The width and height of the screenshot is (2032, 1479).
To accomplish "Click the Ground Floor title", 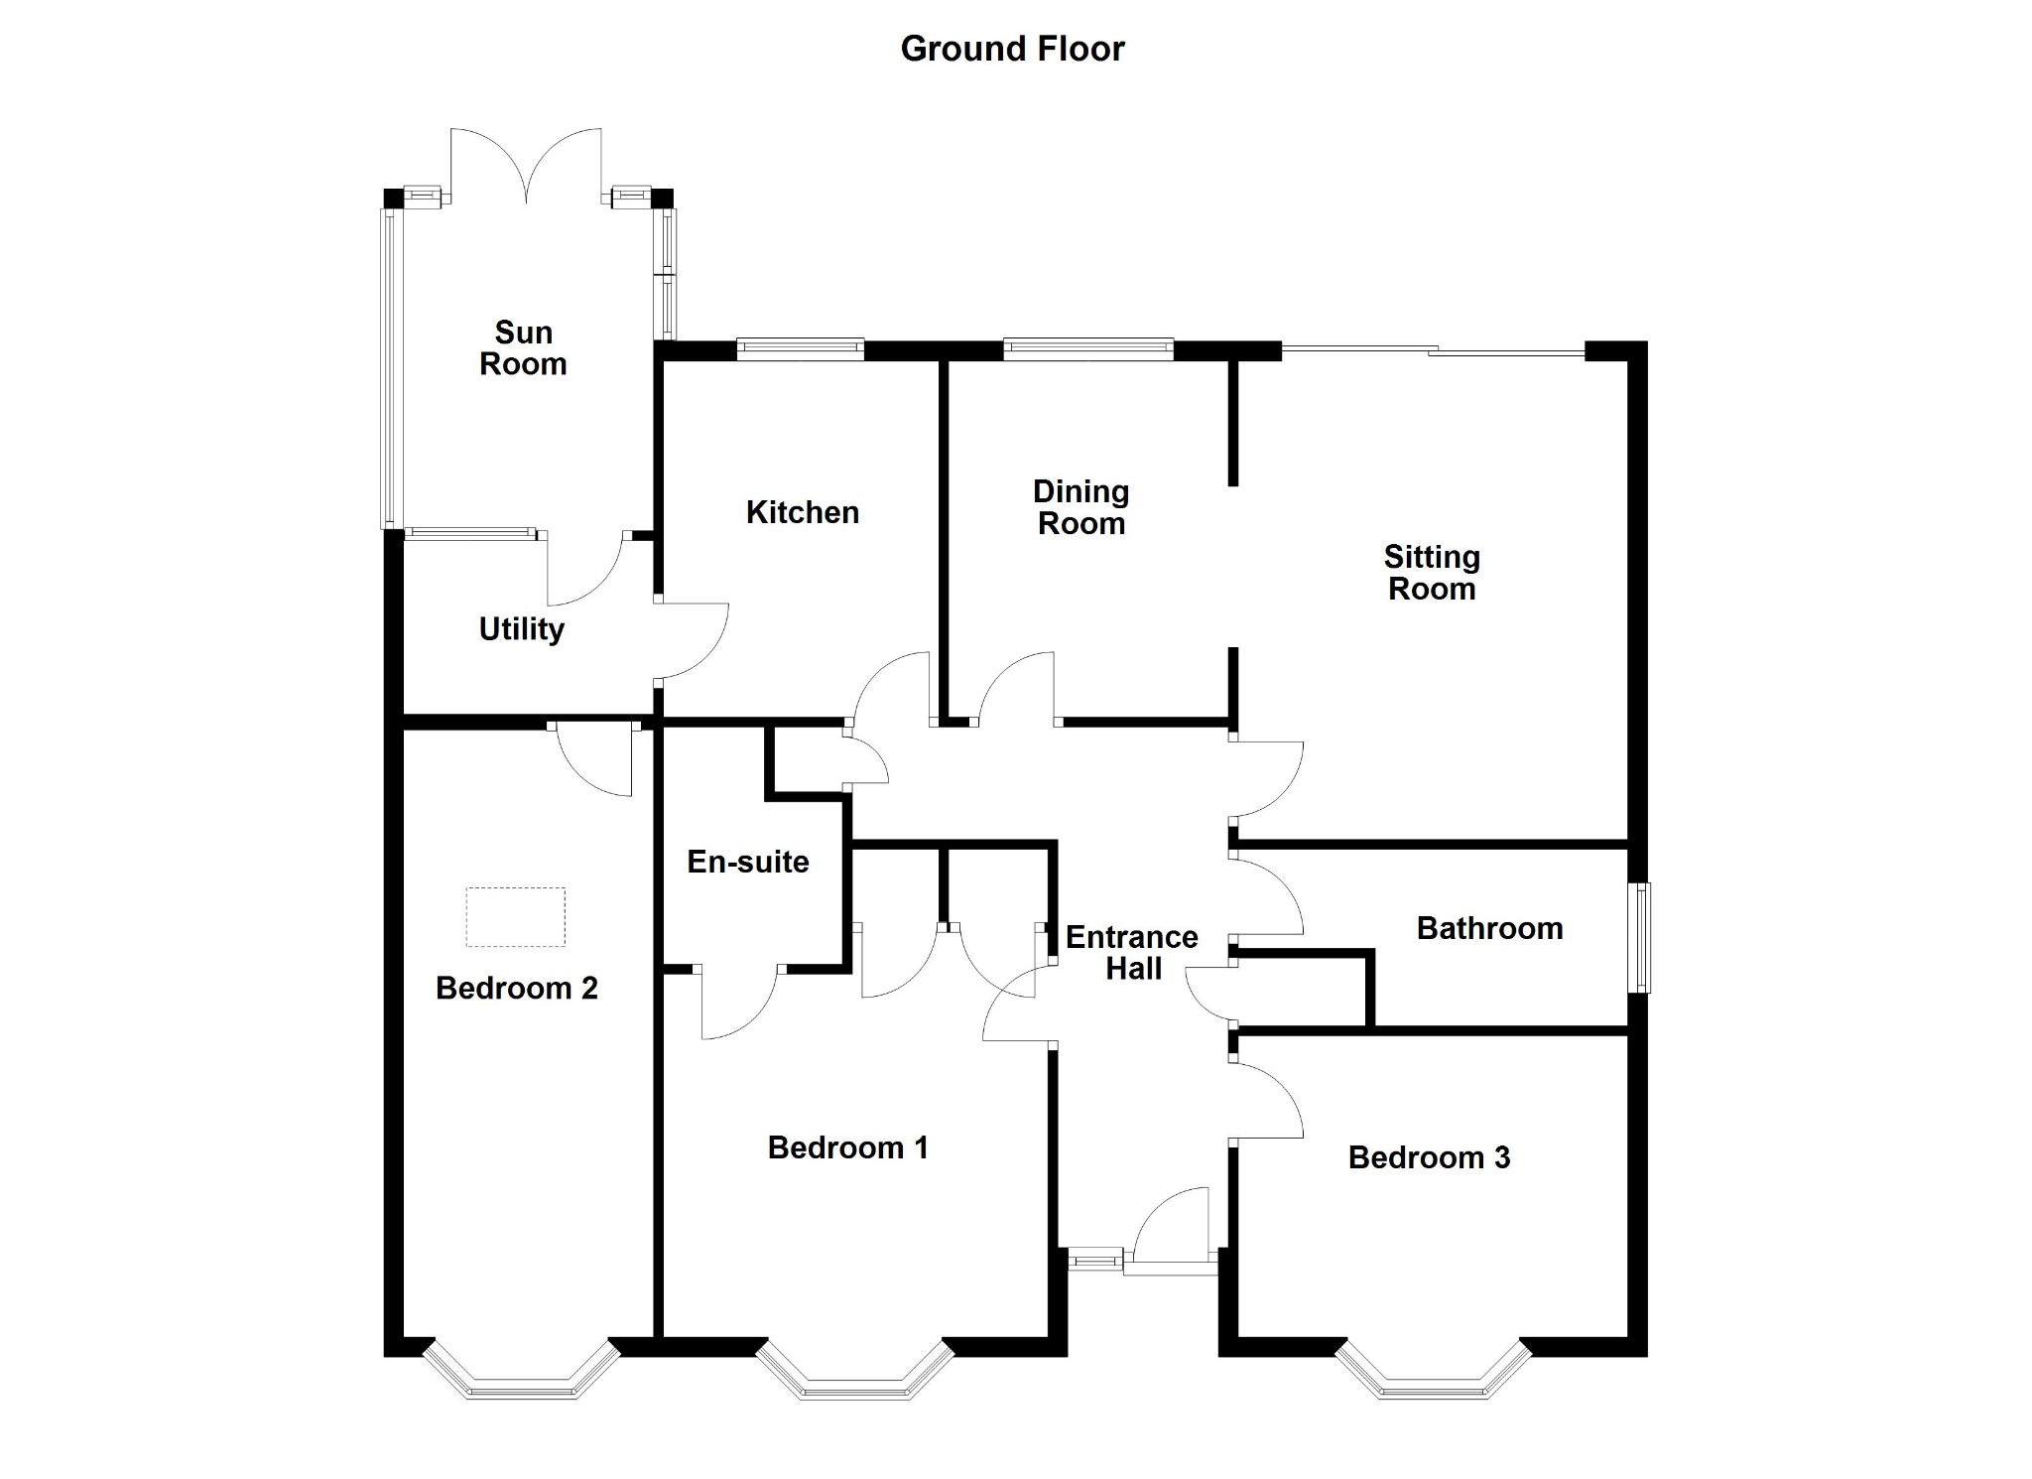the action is (1012, 49).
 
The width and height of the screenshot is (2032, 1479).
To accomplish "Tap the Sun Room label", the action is (523, 348).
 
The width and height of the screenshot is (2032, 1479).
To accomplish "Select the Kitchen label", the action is (803, 512).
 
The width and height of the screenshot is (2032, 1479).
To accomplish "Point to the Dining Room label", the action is (1081, 507).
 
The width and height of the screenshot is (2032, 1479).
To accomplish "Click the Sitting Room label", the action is (1432, 573).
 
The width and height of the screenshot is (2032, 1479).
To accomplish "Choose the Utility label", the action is (522, 629).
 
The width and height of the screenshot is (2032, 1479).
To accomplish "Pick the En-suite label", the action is (748, 862).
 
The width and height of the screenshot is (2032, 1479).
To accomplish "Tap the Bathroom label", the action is (1489, 928).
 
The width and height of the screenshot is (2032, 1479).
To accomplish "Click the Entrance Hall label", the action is (1132, 952).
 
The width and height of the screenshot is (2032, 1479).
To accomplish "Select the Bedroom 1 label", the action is (848, 1147).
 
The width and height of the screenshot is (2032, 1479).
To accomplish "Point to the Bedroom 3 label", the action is (1429, 1157).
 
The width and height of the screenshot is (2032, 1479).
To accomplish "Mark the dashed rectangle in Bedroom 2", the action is (516, 917).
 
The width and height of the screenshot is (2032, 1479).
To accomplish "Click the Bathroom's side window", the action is (1642, 938).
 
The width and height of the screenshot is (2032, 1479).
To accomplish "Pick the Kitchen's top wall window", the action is (801, 347).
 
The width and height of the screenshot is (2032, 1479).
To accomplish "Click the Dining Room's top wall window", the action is (1088, 347).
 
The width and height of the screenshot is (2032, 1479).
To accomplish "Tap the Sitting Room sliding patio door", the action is (1434, 349).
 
